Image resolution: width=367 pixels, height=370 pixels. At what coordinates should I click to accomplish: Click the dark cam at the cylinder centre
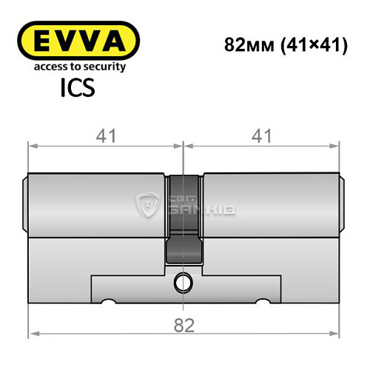(x=183, y=222)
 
